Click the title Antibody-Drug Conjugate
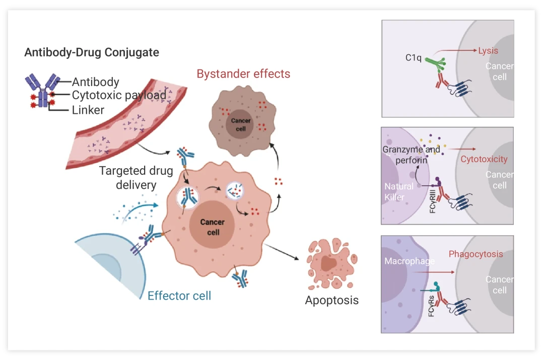[x=92, y=52]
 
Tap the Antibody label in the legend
[x=96, y=82]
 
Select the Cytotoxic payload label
[x=119, y=95]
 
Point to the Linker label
[x=88, y=109]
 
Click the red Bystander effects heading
[x=243, y=74]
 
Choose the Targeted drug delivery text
[x=136, y=178]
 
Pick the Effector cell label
[x=179, y=296]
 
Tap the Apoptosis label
[x=332, y=301]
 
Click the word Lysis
[x=488, y=51]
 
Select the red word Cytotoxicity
[x=484, y=159]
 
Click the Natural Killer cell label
[x=399, y=192]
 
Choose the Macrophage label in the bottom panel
[x=409, y=261]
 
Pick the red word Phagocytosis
[x=475, y=254]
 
